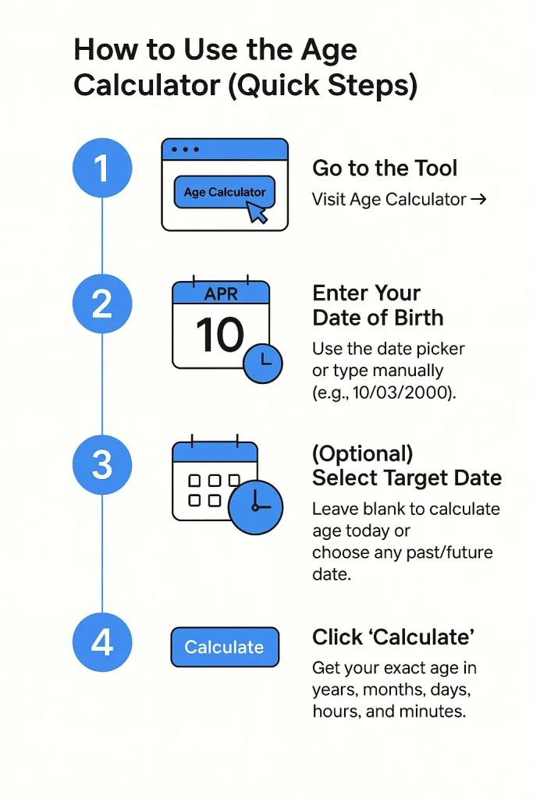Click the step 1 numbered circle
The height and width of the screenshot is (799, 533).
102,169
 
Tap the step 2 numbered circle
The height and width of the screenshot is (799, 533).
102,304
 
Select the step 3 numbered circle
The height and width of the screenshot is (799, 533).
102,465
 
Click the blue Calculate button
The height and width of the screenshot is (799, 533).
224,647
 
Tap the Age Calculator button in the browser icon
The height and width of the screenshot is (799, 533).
224,192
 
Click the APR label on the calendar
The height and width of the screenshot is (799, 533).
220,294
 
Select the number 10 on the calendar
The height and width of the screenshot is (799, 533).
219,336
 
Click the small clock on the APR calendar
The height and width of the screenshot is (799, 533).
264,360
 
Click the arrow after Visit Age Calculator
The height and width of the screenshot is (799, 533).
479,200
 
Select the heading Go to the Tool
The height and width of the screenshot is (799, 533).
385,168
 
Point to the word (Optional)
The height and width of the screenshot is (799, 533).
362,454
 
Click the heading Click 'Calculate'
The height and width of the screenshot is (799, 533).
393,637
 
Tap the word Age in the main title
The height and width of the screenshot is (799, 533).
323,51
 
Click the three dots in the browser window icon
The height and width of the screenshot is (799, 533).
185,149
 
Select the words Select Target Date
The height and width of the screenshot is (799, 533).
407,478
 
